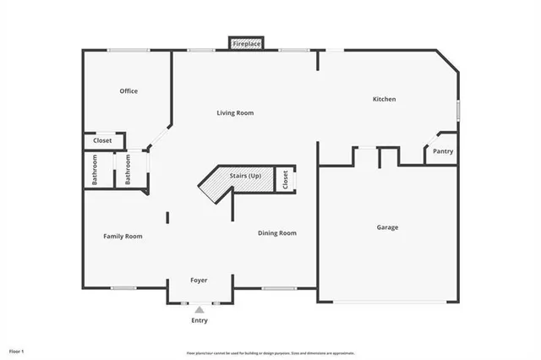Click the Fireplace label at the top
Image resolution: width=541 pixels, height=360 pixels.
(x=246, y=42)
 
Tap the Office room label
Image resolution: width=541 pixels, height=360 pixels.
(x=128, y=91)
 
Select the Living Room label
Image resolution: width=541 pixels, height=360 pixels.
(x=235, y=113)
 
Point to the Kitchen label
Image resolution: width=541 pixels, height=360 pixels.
(x=385, y=100)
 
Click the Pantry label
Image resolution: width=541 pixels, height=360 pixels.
(x=443, y=152)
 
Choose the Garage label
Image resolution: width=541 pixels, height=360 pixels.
(x=387, y=227)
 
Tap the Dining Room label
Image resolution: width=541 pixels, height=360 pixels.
(x=277, y=233)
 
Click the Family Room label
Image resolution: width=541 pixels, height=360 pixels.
(x=123, y=237)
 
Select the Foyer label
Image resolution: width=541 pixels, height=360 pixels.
(x=199, y=280)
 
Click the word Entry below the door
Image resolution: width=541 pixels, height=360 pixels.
(x=199, y=320)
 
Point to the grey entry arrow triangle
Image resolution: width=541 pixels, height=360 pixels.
(x=199, y=310)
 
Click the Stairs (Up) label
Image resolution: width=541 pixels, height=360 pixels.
(x=245, y=176)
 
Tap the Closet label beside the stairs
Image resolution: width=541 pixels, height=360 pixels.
(x=286, y=179)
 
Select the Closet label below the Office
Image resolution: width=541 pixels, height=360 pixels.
(x=102, y=140)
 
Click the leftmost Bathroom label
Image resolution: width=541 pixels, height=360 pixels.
(x=95, y=169)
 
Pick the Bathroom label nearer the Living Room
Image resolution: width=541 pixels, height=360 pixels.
(x=128, y=169)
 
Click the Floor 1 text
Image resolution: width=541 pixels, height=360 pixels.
(x=17, y=350)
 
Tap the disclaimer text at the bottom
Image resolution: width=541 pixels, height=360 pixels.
(x=270, y=352)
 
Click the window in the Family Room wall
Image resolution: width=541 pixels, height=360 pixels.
(x=124, y=288)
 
